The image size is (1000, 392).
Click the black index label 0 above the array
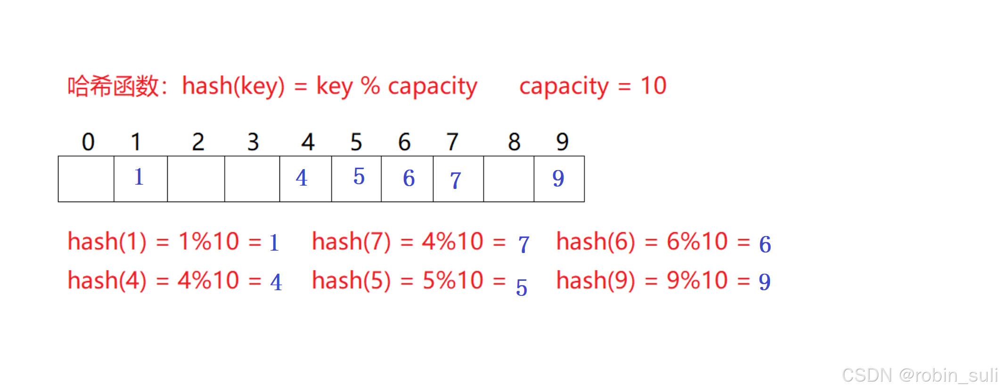88,142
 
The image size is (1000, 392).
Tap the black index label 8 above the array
514,142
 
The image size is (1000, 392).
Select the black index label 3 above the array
253,142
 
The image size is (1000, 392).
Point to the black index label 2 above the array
198,142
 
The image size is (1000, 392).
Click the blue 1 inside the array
139,177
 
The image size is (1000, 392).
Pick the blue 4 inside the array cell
302,178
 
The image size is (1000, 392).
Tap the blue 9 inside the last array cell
558,179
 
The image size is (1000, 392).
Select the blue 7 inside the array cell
455,180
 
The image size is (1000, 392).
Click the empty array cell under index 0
86,179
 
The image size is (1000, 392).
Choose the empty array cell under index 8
508,179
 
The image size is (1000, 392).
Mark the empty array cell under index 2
196,179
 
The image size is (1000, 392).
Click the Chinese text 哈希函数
114,86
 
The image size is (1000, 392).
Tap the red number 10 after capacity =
653,86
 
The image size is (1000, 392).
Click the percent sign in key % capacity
370,86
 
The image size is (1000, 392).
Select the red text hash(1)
107,241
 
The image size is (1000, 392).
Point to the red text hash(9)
596,280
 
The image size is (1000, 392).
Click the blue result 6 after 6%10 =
765,245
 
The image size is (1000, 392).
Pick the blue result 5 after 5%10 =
521,287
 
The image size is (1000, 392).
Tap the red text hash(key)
233,86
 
